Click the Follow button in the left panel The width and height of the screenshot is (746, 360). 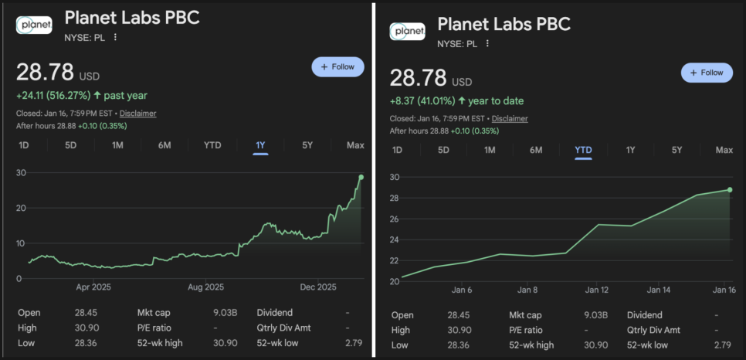click(x=337, y=66)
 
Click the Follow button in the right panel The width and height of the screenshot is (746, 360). click(x=707, y=73)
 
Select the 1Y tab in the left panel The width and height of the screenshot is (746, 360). click(x=260, y=145)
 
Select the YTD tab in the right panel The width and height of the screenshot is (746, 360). click(x=583, y=150)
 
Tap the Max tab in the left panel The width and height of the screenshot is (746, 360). click(x=355, y=145)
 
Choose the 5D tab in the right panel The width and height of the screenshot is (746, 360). click(x=443, y=150)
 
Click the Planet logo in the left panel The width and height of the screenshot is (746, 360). click(x=35, y=25)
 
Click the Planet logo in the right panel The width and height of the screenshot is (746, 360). click(x=408, y=31)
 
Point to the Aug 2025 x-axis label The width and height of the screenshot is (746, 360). click(x=206, y=287)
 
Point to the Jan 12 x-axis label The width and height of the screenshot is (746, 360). click(x=597, y=290)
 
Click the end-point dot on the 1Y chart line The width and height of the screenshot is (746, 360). click(x=361, y=178)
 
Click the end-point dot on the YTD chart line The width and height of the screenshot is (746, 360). click(x=730, y=189)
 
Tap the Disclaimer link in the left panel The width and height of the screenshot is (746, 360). click(x=137, y=114)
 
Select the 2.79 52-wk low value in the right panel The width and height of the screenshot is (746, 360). click(x=722, y=344)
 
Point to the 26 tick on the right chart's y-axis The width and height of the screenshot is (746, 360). click(x=393, y=219)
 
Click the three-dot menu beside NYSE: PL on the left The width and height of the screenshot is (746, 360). click(x=116, y=37)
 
